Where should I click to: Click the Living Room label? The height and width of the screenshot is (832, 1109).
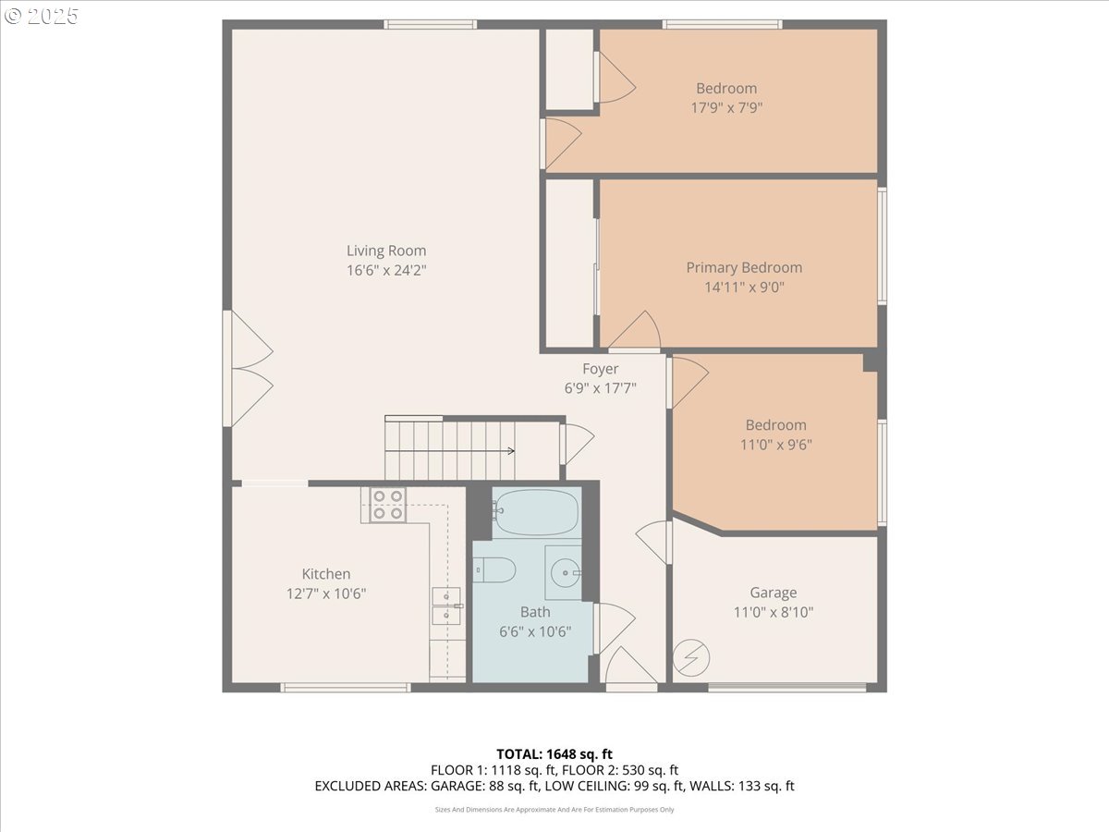click(386, 251)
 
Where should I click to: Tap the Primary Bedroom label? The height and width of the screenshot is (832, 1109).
click(744, 267)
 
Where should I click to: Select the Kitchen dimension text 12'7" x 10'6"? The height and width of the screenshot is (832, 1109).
click(326, 593)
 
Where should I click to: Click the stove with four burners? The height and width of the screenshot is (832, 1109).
click(387, 505)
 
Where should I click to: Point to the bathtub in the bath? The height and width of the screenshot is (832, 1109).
click(536, 513)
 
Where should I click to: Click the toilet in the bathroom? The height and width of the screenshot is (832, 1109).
click(494, 570)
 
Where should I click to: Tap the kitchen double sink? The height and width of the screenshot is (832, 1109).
click(446, 605)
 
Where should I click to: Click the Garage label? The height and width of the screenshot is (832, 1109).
click(773, 593)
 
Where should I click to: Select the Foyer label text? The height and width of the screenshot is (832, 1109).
click(600, 369)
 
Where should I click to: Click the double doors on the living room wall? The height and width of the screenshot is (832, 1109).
click(248, 368)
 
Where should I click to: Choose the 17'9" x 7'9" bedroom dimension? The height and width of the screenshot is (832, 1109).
click(726, 107)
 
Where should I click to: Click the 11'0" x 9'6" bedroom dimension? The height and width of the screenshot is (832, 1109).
click(775, 444)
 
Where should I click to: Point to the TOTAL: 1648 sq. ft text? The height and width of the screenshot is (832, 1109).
click(554, 753)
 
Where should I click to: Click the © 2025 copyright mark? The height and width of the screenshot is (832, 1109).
click(42, 16)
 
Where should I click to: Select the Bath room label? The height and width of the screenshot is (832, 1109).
click(535, 612)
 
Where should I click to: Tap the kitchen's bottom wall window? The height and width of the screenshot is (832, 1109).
click(345, 687)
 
